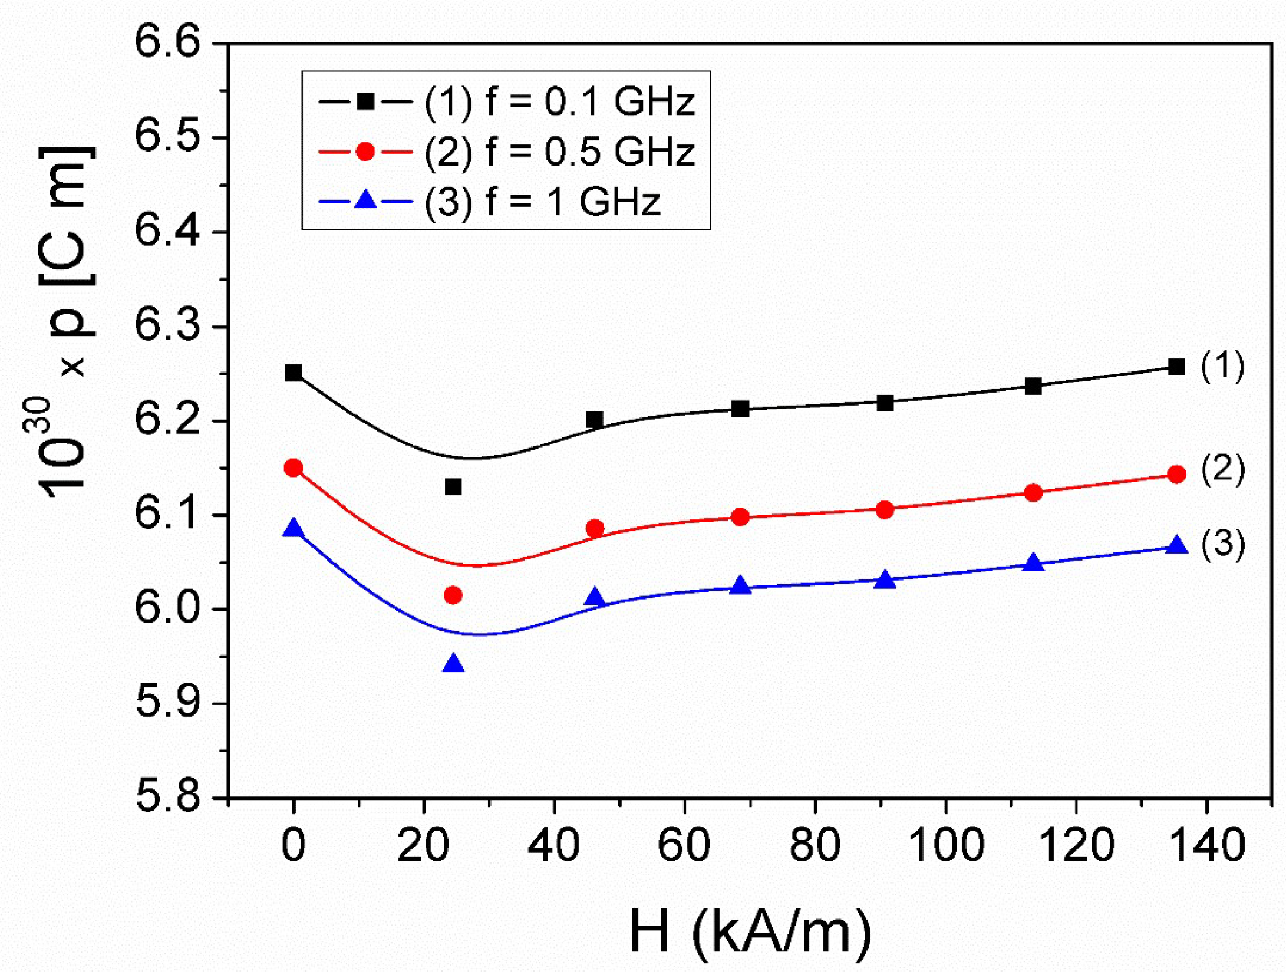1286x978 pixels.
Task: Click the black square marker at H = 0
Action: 294,373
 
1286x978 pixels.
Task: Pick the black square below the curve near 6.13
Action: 453,486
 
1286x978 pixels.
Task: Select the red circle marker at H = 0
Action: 294,468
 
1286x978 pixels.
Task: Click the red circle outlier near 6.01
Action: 453,595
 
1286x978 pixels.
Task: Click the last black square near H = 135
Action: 1176,367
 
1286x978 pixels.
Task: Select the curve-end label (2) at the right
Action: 1223,470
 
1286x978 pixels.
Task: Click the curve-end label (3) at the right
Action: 1223,543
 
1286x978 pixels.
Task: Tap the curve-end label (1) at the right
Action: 1223,365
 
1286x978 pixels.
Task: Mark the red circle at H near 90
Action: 885,510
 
